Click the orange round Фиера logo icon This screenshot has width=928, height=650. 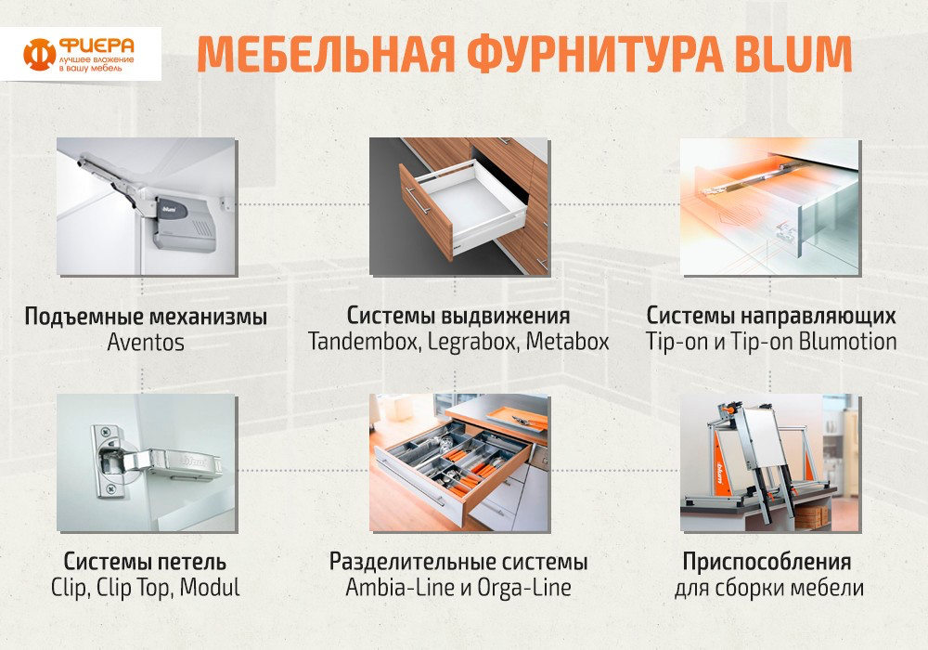tap(39, 54)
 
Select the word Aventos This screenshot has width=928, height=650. tap(146, 342)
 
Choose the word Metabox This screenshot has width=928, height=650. tap(568, 342)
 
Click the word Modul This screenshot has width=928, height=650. tap(210, 587)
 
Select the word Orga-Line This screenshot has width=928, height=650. tap(523, 588)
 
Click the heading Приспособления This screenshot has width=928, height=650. tap(767, 563)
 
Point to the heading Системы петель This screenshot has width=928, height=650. tap(145, 561)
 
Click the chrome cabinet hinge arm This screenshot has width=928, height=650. tap(172, 462)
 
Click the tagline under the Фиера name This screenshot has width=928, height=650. tap(96, 64)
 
